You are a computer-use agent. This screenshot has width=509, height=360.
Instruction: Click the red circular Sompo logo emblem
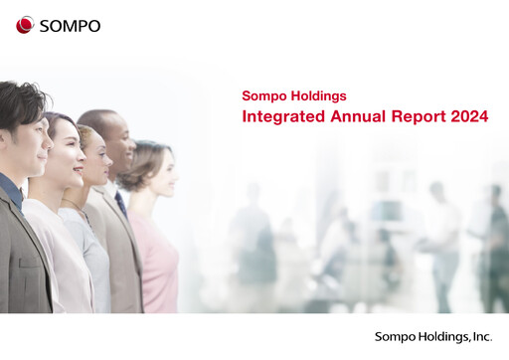(25, 25)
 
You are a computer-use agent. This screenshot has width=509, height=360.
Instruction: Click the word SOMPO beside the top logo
(70, 26)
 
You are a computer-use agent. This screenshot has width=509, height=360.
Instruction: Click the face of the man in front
(36, 139)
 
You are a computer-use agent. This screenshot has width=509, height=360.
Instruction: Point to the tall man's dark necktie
(120, 205)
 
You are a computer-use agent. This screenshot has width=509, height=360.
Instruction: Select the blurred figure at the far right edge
(493, 249)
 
